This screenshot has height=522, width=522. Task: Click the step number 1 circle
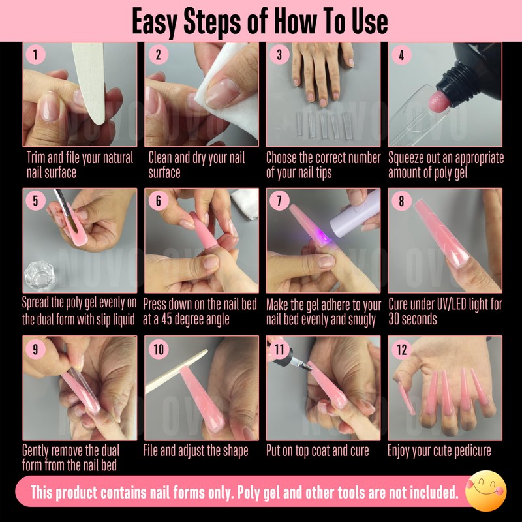(x=35, y=55)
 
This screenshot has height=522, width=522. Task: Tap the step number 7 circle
(x=279, y=201)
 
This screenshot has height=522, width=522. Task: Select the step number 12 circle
(x=401, y=350)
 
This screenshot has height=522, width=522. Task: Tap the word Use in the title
(x=371, y=22)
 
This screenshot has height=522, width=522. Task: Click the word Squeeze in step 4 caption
(x=408, y=158)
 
